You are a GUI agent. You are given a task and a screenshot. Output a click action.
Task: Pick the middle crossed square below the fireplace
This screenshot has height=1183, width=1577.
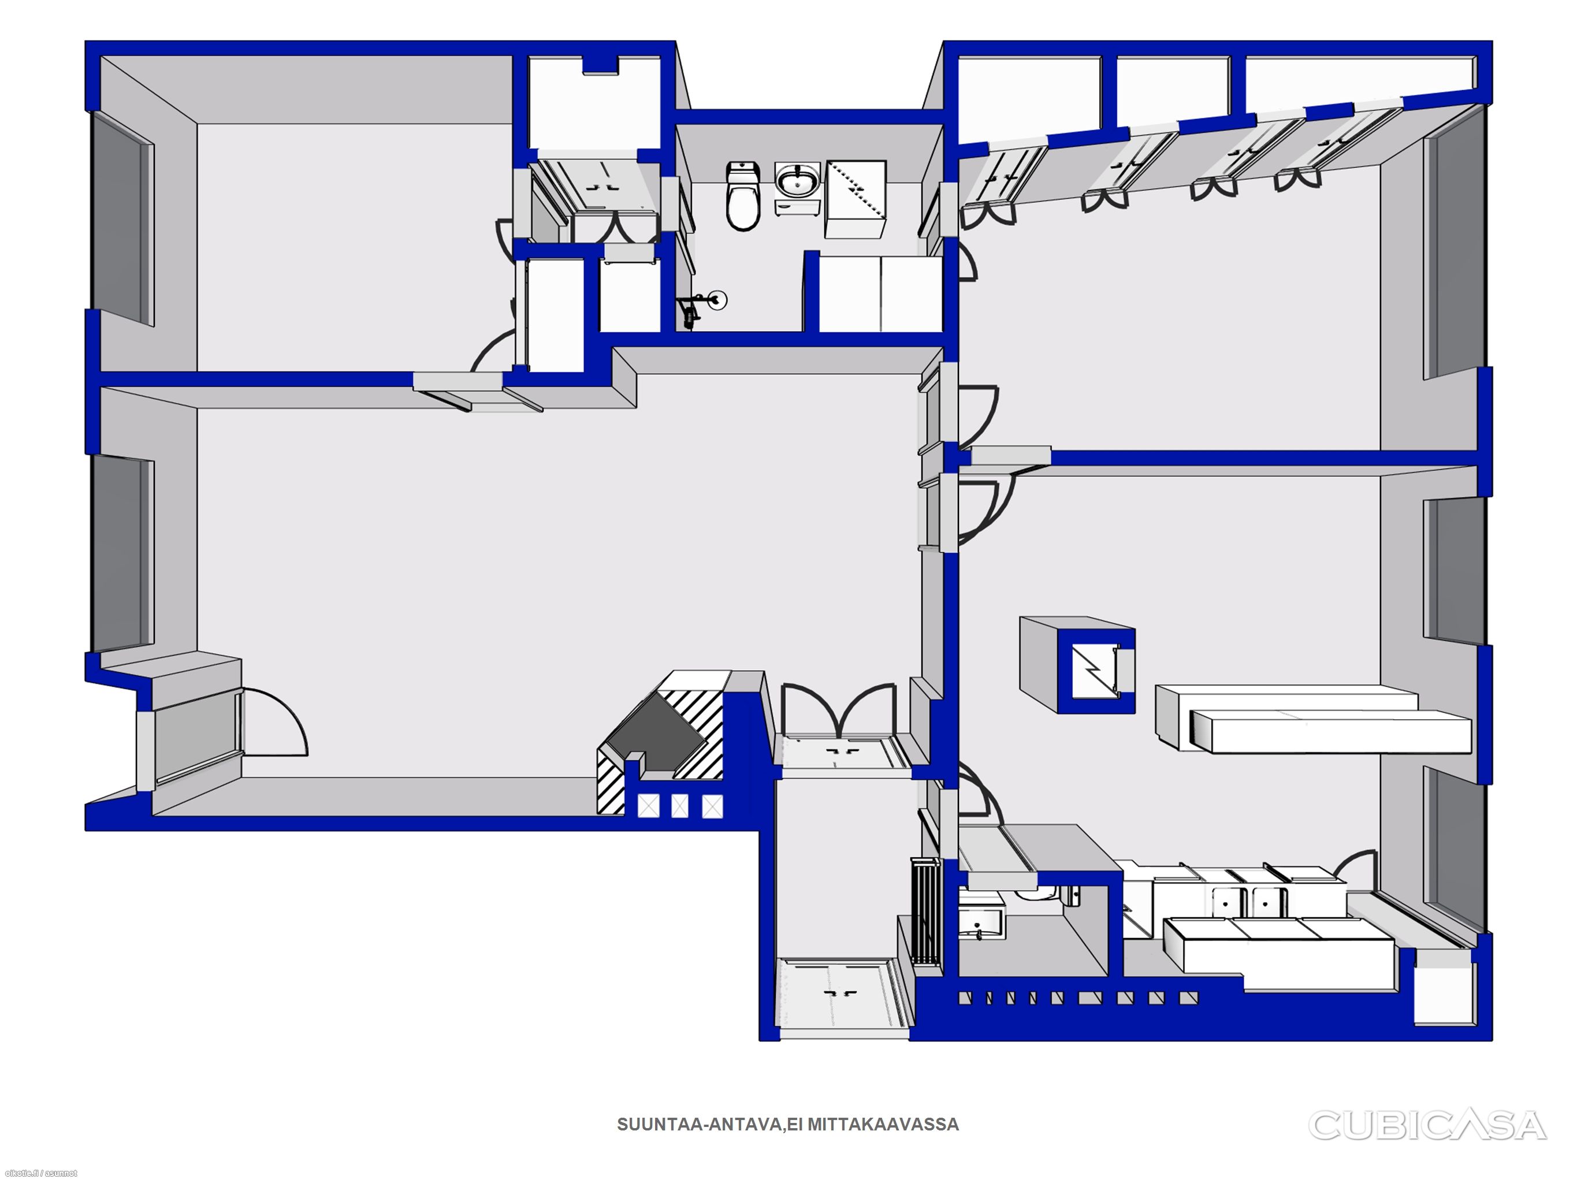pyautogui.click(x=680, y=806)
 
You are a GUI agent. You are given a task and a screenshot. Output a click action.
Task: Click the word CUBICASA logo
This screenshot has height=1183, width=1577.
pyautogui.click(x=1427, y=1125)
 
